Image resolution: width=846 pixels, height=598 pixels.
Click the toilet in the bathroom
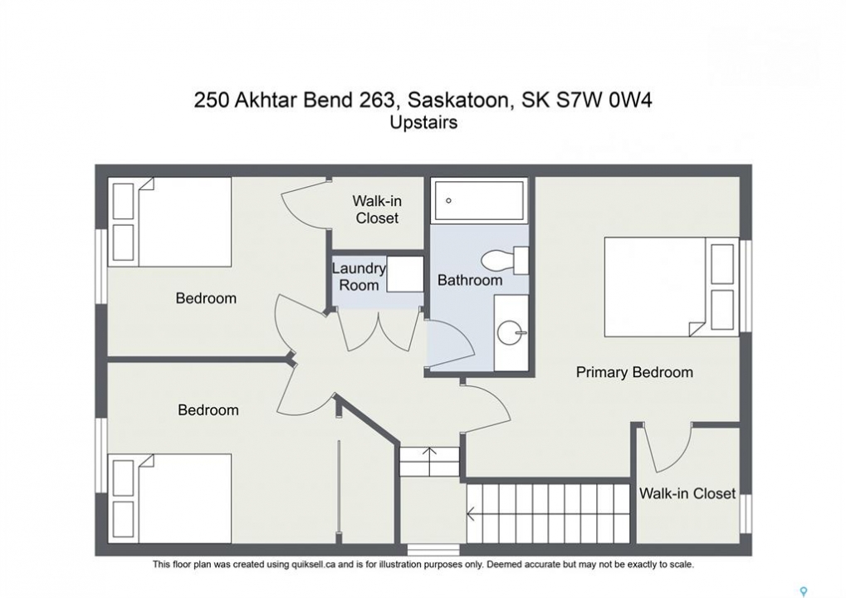pyautogui.click(x=505, y=260)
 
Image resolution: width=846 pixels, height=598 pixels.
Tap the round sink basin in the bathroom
pyautogui.click(x=511, y=332)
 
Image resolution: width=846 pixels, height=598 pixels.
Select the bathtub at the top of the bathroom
pyautogui.click(x=479, y=200)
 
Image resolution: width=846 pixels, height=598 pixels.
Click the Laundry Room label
pyautogui.click(x=359, y=277)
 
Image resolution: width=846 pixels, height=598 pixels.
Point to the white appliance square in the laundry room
pyautogui.click(x=405, y=274)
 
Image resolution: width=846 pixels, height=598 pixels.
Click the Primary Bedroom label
pyautogui.click(x=634, y=372)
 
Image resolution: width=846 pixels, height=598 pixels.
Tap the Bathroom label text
pyautogui.click(x=470, y=280)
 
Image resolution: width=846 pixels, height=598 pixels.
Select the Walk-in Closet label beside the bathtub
pyautogui.click(x=377, y=209)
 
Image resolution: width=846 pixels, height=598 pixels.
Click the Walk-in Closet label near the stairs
pyautogui.click(x=687, y=493)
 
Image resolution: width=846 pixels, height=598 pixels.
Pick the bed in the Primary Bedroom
pyautogui.click(x=671, y=287)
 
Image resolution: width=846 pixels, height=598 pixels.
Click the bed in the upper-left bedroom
pyautogui.click(x=170, y=222)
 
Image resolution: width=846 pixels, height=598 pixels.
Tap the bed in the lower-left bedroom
pyautogui.click(x=170, y=498)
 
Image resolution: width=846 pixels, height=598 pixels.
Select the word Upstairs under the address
pyautogui.click(x=423, y=123)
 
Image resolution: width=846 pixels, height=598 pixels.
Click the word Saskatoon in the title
pyautogui.click(x=458, y=100)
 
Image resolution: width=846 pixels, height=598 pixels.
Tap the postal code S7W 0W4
pyautogui.click(x=604, y=100)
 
